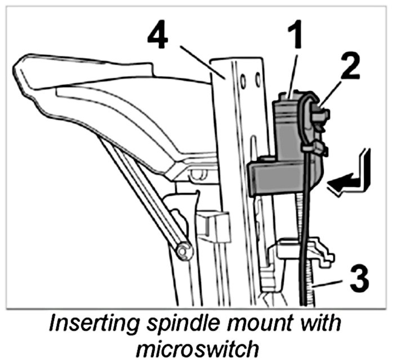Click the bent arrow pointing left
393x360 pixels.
point(352,180)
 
